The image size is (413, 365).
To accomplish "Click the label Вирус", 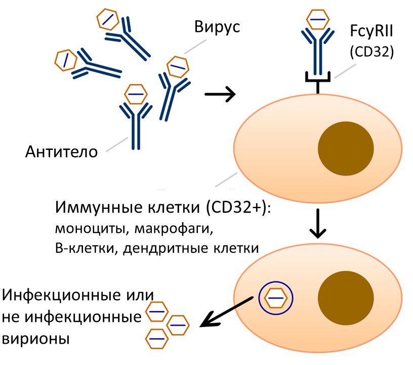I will pos(217,28).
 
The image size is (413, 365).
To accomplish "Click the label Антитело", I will pos(62,151).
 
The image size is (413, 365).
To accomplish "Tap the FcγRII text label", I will pos(372,35).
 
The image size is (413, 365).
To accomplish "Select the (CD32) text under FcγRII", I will pos(372,53).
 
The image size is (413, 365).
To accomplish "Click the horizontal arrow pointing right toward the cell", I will pos(220,94).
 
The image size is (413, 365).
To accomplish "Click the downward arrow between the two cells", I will pos(318,223).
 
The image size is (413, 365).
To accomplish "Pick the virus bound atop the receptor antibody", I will pos(317,19).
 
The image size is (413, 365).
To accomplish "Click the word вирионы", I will pos(35,338).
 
